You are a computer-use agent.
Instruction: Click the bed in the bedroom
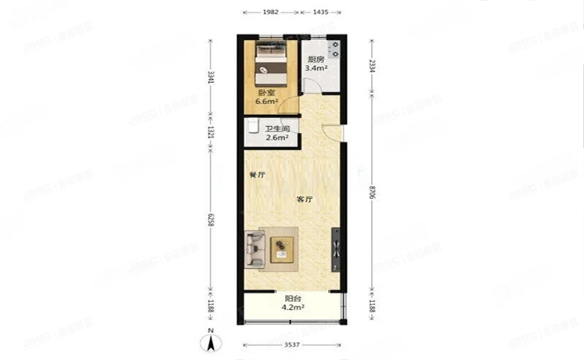click(271, 66)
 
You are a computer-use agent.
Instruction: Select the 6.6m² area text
click(268, 102)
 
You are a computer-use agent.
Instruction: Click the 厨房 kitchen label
click(315, 60)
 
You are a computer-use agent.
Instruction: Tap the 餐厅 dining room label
click(256, 175)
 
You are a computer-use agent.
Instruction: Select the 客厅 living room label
click(305, 200)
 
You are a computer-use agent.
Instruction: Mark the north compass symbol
click(211, 342)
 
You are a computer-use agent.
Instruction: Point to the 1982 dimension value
click(270, 13)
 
